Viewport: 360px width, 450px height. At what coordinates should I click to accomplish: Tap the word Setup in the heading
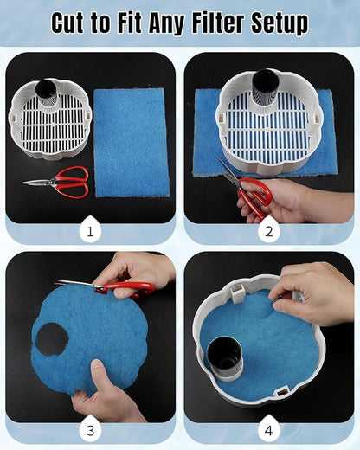280,24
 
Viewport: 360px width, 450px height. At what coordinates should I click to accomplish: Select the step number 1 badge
90,230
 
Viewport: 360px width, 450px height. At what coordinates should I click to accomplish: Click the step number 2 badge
269,230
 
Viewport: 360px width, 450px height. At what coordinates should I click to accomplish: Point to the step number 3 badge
90,430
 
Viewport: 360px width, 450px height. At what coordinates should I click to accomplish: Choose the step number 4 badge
268,430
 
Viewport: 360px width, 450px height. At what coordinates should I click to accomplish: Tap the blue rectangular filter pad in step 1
132,143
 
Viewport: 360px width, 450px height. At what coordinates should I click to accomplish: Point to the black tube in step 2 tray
265,84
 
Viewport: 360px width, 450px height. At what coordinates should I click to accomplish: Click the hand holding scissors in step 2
292,201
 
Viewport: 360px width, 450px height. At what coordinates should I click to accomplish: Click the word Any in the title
167,24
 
